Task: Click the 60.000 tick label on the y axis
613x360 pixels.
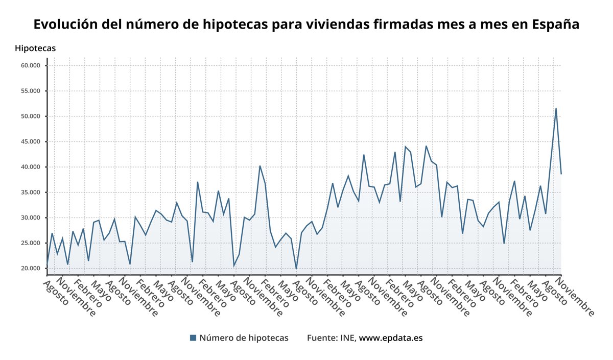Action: pos(31,65)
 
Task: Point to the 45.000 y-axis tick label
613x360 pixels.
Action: pos(31,141)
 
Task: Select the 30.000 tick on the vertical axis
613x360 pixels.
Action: pos(31,218)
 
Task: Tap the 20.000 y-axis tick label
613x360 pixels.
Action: pos(31,268)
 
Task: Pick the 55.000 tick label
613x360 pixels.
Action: pos(31,91)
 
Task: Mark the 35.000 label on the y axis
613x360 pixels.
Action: pos(31,193)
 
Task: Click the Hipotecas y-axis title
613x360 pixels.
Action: pos(35,49)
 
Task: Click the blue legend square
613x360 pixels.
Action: pos(193,338)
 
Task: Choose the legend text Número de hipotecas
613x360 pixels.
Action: pos(244,338)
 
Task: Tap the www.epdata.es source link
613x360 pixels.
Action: pos(391,338)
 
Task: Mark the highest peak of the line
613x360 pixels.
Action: pos(556,109)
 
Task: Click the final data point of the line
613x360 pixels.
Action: pos(561,174)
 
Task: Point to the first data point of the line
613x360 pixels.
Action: pos(47,263)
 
